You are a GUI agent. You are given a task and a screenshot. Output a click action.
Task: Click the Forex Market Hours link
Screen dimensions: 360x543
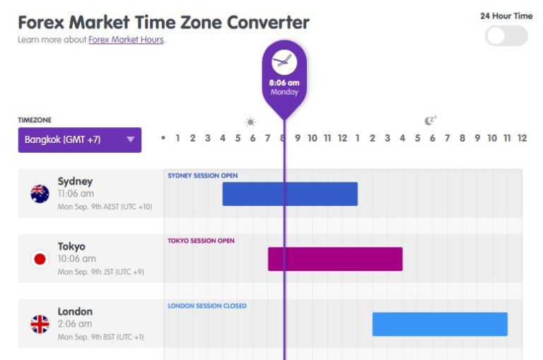[126, 40]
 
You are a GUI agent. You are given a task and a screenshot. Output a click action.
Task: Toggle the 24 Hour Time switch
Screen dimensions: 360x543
[506, 36]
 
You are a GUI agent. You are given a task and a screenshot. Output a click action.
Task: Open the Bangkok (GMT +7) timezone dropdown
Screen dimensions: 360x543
[79, 139]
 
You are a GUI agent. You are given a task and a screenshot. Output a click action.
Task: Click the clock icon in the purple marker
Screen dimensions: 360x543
[284, 62]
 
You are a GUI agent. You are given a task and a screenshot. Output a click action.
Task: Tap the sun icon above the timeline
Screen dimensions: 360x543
[250, 122]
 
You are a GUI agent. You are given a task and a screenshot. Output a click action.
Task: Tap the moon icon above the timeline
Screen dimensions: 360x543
[430, 121]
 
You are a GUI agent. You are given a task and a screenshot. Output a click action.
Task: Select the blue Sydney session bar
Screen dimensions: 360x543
[290, 194]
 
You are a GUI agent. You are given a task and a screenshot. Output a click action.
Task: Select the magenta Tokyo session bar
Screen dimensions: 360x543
[334, 259]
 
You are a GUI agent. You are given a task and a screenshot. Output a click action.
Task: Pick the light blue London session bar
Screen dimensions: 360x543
[440, 324]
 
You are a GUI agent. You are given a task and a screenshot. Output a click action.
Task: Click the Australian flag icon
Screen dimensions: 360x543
[40, 194]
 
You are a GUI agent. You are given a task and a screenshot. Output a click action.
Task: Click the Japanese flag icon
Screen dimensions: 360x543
[40, 259]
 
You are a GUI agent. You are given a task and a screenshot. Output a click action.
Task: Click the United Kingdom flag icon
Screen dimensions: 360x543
[40, 325]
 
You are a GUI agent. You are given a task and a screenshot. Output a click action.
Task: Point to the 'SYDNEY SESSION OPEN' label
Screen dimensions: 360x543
[202, 175]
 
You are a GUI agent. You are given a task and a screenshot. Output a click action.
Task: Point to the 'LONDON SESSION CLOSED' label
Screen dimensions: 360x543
[207, 306]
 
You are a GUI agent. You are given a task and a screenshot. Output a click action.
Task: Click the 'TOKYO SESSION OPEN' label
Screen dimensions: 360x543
[201, 240]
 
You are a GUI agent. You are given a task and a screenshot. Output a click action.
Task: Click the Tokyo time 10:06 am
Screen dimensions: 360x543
[76, 259]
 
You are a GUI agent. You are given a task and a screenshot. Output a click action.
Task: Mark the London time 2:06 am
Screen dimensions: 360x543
[74, 324]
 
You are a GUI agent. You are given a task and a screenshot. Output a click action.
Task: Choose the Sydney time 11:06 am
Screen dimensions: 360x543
[76, 194]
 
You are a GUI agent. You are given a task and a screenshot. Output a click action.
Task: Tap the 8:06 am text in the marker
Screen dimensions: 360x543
[284, 83]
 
